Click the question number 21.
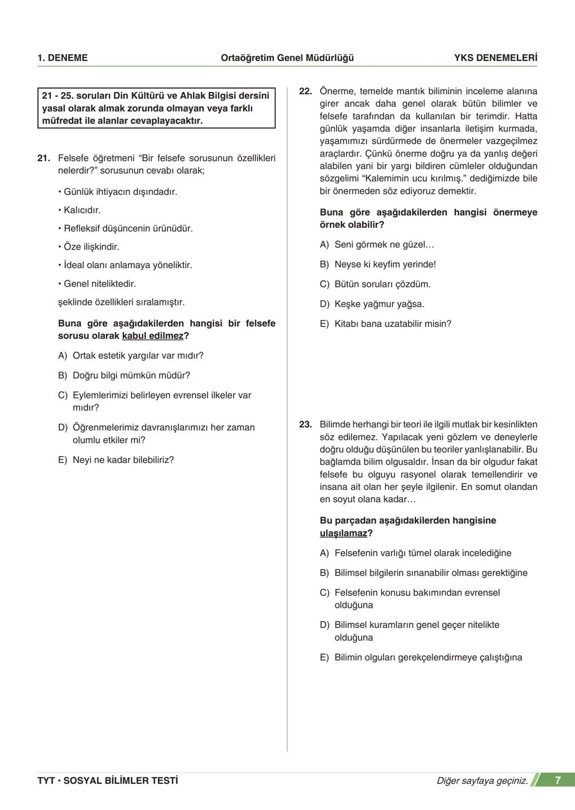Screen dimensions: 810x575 pyautogui.click(x=44, y=158)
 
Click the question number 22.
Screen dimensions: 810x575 pyautogui.click(x=305, y=91)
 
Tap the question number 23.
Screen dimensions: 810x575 pyautogui.click(x=305, y=425)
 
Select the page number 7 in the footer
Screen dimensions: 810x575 pyautogui.click(x=557, y=780)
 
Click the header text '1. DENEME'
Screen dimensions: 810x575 pyautogui.click(x=62, y=58)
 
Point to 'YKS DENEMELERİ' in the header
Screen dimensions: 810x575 pyautogui.click(x=495, y=58)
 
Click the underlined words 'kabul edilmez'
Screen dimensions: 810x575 pyautogui.click(x=152, y=336)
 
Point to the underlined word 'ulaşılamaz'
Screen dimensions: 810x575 pyautogui.click(x=343, y=533)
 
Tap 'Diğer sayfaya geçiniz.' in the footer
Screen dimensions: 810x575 pyautogui.click(x=482, y=781)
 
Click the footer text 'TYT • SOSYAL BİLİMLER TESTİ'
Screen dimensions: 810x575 pyautogui.click(x=108, y=781)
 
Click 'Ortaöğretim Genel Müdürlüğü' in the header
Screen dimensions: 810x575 pyautogui.click(x=287, y=58)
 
